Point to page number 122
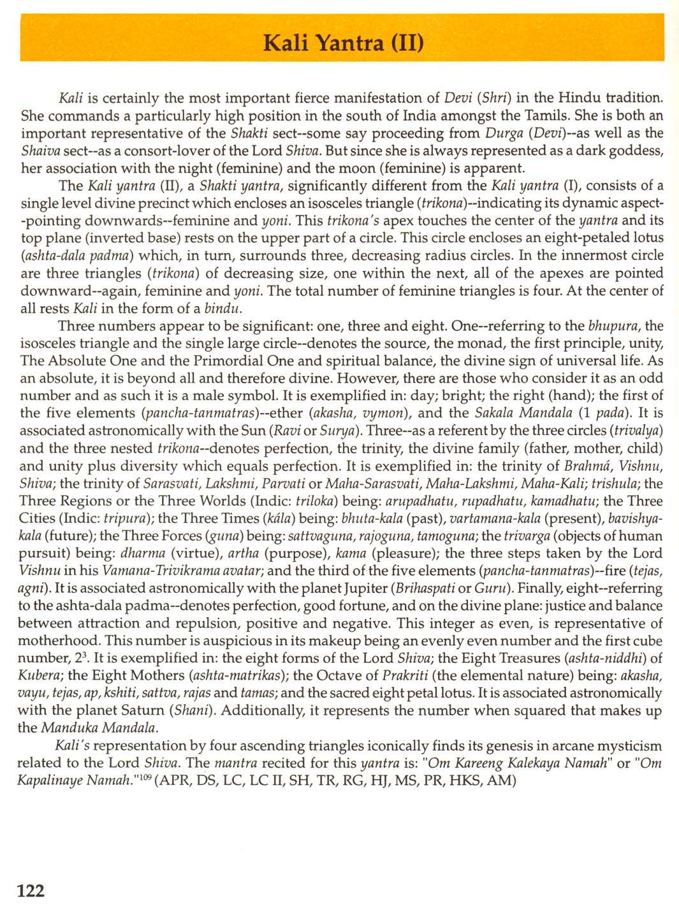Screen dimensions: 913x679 pos(31,890)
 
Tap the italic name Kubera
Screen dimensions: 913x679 pos(40,675)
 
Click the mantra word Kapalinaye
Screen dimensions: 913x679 pos(48,780)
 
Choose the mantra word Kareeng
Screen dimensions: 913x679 pos(479,763)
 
